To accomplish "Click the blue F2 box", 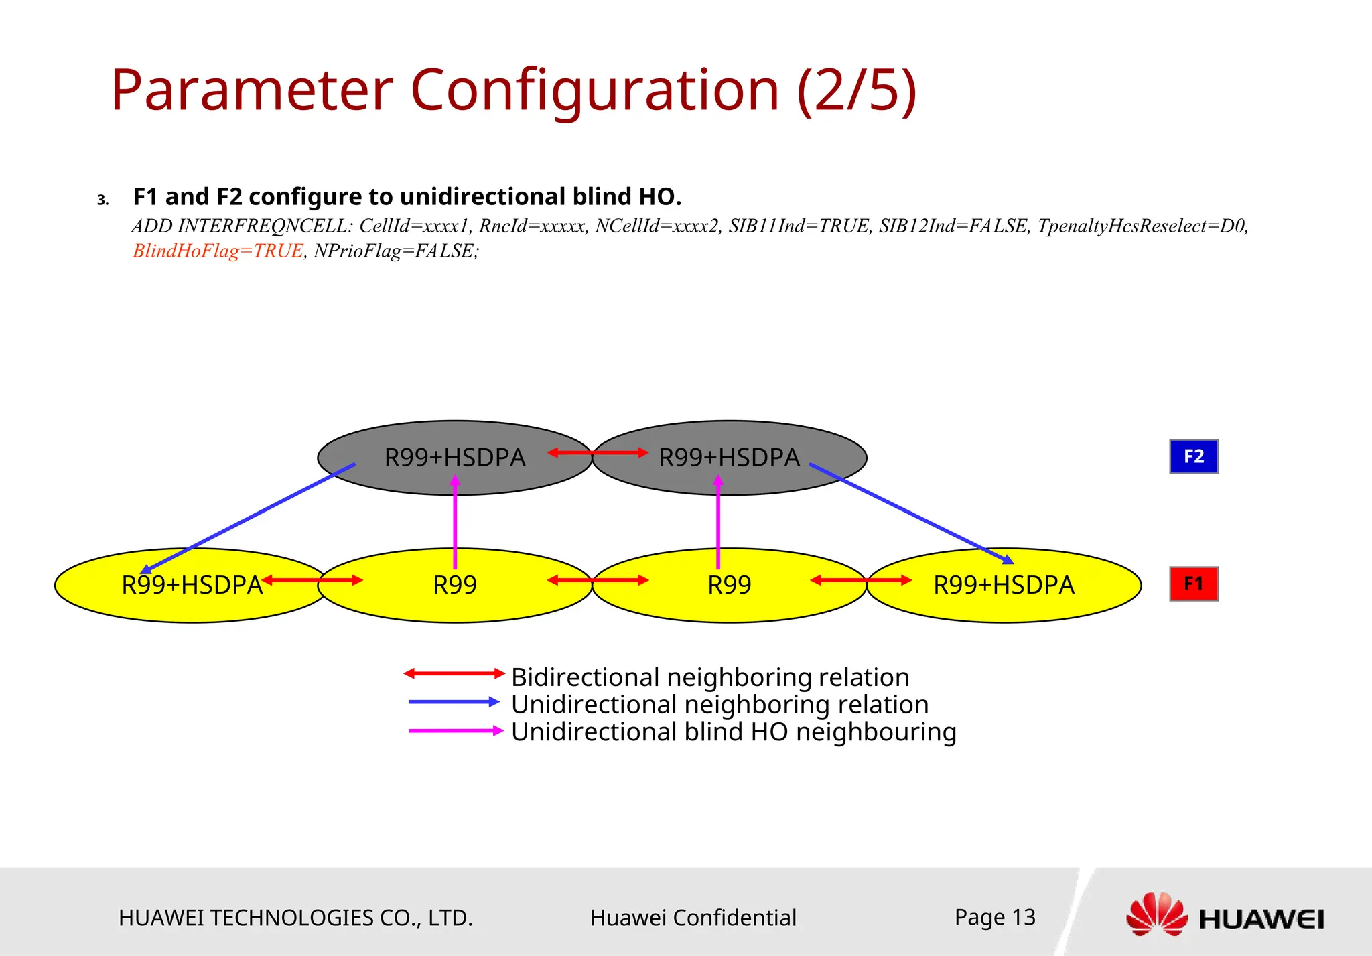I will (x=1193, y=456).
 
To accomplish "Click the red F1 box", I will (x=1193, y=584).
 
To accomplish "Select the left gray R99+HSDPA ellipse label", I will (x=454, y=458).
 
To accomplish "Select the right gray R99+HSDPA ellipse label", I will (x=729, y=458).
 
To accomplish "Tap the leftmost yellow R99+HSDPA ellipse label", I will (x=192, y=585).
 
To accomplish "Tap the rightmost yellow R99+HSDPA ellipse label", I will (x=1004, y=585).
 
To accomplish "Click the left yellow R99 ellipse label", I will (x=454, y=585).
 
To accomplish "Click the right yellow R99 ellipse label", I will (x=729, y=585).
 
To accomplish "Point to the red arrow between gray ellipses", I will (x=598, y=453).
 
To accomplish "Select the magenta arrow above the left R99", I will (x=455, y=523).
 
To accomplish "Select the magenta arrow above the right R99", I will (x=718, y=523).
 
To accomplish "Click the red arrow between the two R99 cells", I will (x=598, y=580).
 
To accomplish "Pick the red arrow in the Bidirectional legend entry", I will (x=454, y=673).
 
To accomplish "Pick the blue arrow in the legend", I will (x=454, y=702).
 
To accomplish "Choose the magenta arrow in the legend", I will (x=455, y=730).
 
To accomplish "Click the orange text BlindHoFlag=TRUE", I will (x=218, y=251).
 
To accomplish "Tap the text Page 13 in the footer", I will (x=995, y=916).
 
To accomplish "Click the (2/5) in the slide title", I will (x=856, y=90).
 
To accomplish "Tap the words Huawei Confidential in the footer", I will (x=693, y=917).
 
